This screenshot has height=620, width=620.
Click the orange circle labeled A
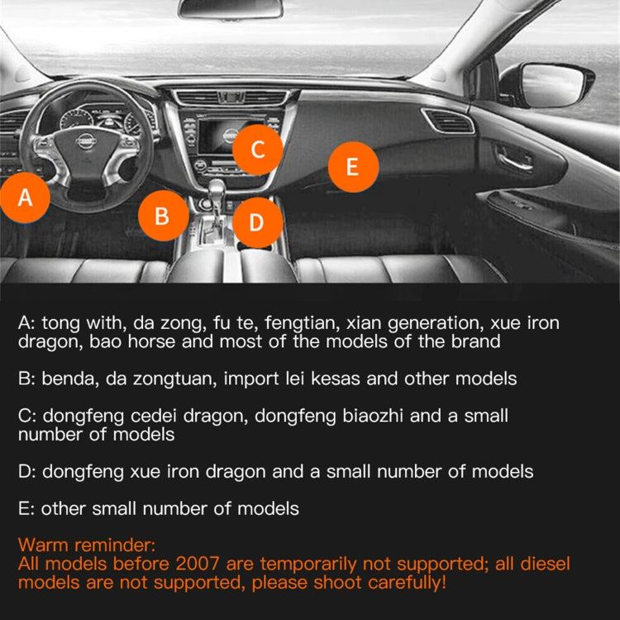26,198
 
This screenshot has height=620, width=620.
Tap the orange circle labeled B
163,216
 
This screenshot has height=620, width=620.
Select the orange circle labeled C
257,150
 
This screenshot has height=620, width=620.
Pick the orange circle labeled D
257,222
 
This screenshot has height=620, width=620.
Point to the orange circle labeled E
353,167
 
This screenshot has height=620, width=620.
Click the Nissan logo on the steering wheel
85,141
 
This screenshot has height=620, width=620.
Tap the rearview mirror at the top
231,8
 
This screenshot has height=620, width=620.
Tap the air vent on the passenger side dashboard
450,122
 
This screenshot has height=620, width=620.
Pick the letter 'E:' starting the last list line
26,508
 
